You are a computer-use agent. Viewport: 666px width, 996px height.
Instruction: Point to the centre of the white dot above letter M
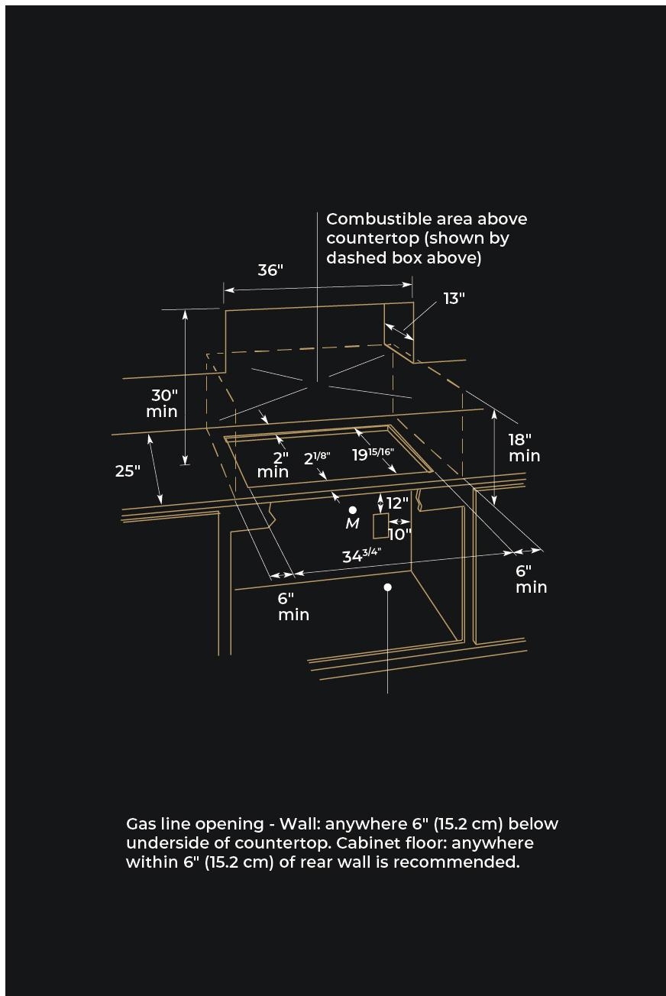353,509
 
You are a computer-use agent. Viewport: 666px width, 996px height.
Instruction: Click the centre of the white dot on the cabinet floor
388,587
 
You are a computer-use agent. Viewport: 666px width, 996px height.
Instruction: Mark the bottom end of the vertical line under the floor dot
388,693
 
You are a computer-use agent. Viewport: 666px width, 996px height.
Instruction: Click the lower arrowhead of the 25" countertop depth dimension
161,503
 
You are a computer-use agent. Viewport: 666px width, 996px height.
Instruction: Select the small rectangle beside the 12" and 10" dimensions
380,525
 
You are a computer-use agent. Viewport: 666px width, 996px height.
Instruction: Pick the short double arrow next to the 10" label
399,521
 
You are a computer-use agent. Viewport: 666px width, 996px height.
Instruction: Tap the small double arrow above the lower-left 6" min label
283,574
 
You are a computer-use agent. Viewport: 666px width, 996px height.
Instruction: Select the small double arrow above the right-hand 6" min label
529,551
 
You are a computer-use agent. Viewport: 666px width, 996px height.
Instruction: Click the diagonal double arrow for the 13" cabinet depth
399,331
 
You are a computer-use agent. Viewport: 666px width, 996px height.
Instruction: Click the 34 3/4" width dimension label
361,555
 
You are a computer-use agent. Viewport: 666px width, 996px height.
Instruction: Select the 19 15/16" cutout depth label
373,454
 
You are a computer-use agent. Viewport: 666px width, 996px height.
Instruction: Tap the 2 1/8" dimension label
317,458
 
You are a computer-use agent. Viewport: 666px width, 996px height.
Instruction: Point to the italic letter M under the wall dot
353,524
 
